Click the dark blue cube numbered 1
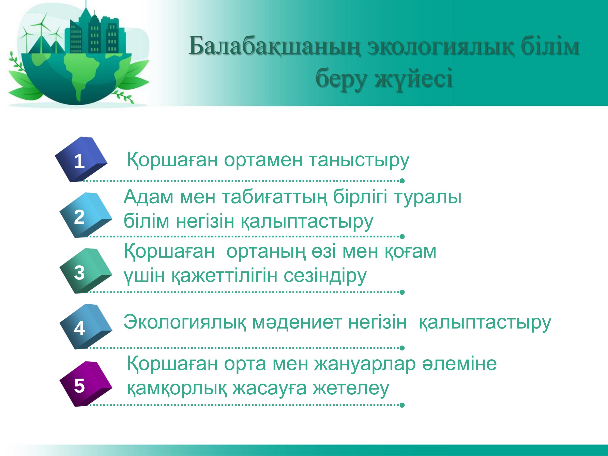click(81, 159)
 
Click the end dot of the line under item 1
click(402, 181)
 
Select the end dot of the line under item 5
click(402, 405)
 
